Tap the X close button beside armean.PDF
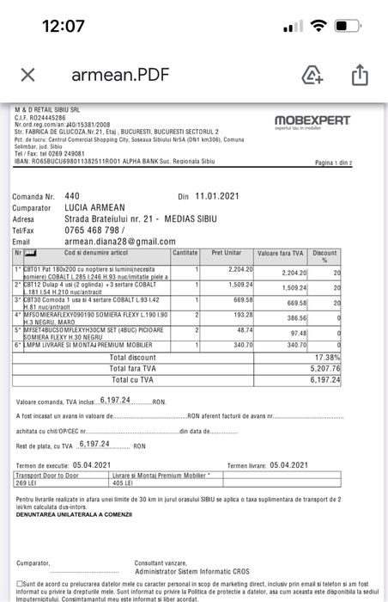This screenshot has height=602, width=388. pos(27,75)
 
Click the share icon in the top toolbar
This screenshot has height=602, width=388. pos(360,76)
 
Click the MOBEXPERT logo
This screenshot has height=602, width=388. pos(312,121)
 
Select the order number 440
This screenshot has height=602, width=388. pos(72,196)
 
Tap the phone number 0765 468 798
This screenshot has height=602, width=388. pos(94,230)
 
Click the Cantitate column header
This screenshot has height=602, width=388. pos(185,254)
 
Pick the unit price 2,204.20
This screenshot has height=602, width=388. pos(238,270)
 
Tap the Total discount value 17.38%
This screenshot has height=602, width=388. pos(327,357)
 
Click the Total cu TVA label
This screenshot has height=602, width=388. pos(132,379)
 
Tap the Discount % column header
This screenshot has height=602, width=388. pos(324,256)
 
